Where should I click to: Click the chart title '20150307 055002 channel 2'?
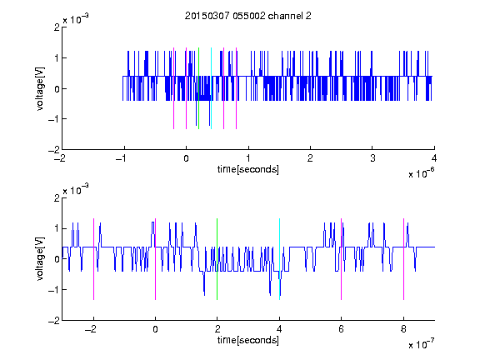pos(248,16)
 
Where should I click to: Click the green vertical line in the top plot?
pos(198,88)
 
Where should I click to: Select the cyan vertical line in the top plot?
pos(211,88)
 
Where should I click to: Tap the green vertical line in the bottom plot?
pos(217,259)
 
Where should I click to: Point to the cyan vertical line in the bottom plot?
pos(279,259)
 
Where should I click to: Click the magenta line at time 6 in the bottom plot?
pos(342,259)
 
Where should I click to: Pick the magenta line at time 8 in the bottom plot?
pos(404,259)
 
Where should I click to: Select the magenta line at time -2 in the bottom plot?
pos(93,259)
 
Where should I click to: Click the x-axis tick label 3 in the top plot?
pos(372,158)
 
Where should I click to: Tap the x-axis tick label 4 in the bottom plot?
pos(279,329)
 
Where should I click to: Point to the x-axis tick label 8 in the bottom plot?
pos(403,329)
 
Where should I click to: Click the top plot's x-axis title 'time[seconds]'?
pos(248,169)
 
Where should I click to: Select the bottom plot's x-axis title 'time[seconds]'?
pos(248,340)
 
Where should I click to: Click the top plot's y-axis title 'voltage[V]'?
pos(40,88)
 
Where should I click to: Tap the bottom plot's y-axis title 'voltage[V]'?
pos(40,259)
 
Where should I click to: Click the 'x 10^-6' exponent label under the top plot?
pos(421,173)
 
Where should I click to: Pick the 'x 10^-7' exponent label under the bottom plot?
pos(421,344)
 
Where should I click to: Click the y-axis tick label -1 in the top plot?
pos(53,119)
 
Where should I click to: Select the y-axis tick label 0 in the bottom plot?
pos(57,259)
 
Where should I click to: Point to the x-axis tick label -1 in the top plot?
pos(122,158)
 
